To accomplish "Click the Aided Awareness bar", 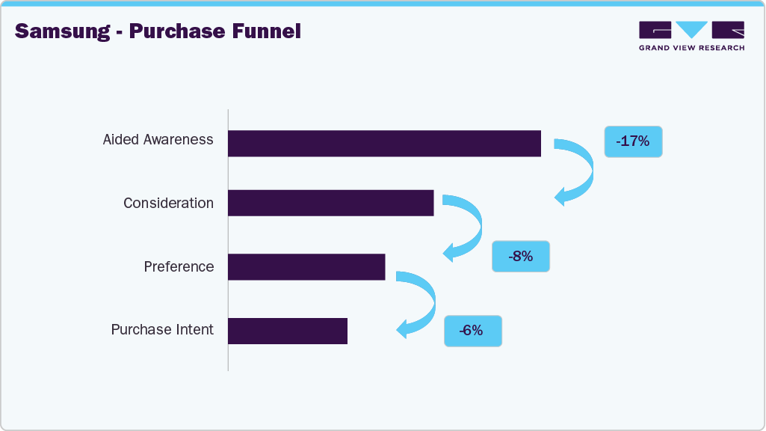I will click(x=384, y=143).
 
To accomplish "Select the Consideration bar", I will click(x=330, y=203).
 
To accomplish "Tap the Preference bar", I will click(x=306, y=266).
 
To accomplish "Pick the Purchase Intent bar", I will click(x=288, y=330).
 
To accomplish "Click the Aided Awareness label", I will click(x=158, y=140).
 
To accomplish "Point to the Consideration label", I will click(x=168, y=203).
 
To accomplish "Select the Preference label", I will click(x=179, y=266).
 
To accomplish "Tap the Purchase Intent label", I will click(x=162, y=330).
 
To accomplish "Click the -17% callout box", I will click(x=633, y=141).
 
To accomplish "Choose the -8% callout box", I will click(x=520, y=257).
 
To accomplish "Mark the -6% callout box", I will click(x=472, y=330).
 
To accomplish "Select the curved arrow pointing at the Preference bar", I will click(x=468, y=227).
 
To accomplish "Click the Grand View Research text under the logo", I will click(x=691, y=48).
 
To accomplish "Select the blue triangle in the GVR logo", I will click(x=692, y=29).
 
